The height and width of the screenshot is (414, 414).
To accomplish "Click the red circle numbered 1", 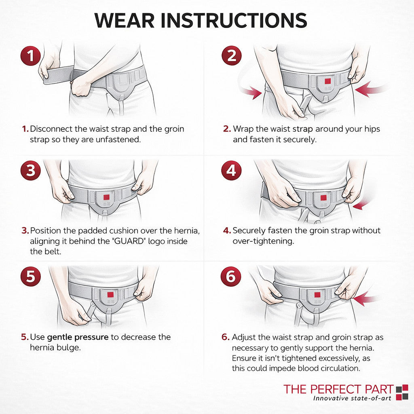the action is pos(31,56).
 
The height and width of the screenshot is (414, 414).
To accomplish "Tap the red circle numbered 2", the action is pos(232,55).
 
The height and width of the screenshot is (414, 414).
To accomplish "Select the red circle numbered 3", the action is pos(31,170).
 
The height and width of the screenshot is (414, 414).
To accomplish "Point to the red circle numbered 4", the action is pos(231,170).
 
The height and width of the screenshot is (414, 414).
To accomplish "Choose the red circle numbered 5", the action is pos(31,277).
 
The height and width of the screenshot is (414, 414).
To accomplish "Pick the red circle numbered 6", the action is pos(231,277).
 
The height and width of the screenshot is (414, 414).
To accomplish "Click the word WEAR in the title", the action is pos(125,20).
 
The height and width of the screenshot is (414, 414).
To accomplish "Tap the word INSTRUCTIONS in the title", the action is pos(234,20).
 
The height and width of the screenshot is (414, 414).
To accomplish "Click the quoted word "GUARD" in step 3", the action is pos(129,241).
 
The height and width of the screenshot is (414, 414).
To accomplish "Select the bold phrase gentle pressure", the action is pos(78,337).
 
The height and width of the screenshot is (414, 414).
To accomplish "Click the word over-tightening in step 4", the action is pos(263,241).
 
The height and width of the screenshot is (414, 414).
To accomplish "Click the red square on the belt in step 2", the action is pos(327,81).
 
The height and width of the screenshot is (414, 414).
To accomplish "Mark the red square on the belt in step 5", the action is pos(110,295).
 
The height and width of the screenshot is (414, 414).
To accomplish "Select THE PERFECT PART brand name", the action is pos(338,389).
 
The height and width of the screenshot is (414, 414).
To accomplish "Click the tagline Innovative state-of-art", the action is pos(352,398).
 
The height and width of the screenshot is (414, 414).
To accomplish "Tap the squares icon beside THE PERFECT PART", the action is pos(402,392).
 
